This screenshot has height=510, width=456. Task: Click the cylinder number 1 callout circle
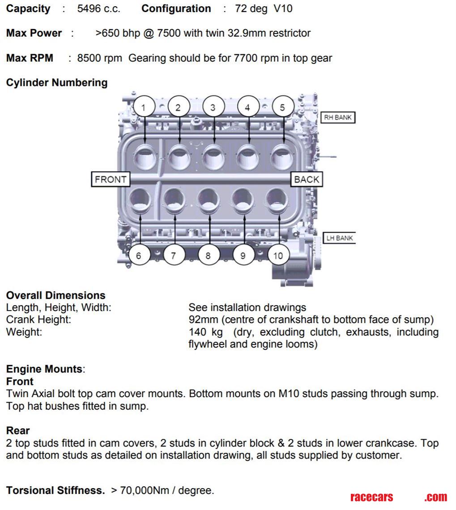pos(143,107)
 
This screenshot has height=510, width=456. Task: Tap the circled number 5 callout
pos(282,107)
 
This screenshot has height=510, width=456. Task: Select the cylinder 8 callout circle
pos(208,256)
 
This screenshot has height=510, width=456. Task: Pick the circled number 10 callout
pos(278,256)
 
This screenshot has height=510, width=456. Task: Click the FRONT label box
pos(111,179)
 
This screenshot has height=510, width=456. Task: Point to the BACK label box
pos(307,179)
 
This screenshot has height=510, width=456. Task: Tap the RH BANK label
pos(338,118)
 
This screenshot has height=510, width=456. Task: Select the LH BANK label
pos(339,238)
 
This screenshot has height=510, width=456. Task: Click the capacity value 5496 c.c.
pos(98,9)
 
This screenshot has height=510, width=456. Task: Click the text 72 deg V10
pos(264,9)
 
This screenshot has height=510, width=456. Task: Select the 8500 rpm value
pos(99,58)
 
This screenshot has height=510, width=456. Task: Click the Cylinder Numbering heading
pos(57,83)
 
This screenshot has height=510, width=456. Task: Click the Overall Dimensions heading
pos(56,296)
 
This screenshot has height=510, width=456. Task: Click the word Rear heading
pos(18,431)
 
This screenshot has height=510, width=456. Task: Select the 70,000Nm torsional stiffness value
pos(145,490)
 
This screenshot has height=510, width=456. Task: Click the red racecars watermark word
pos(371,497)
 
